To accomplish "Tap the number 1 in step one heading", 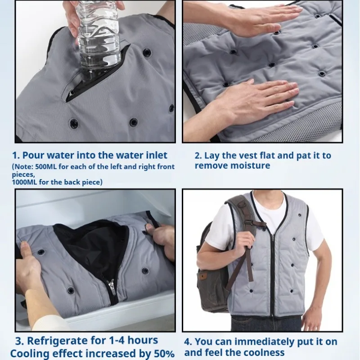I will (14, 156).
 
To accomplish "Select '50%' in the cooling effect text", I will (162, 354).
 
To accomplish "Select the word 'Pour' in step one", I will (36, 156).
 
